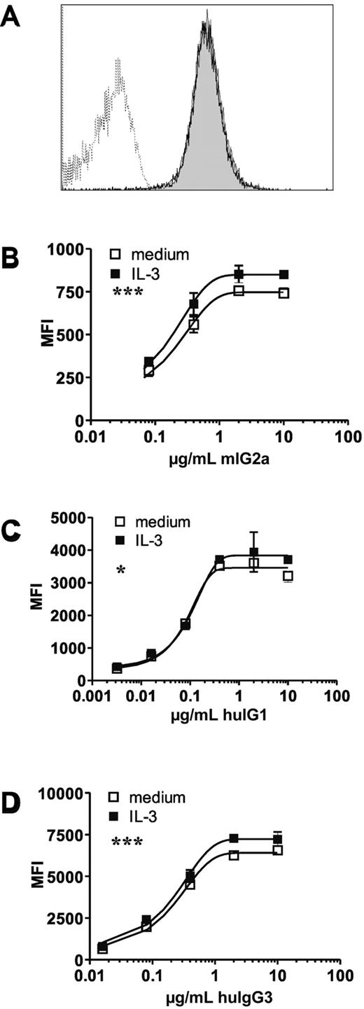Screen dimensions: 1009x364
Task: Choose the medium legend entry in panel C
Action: [x=160, y=522]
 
